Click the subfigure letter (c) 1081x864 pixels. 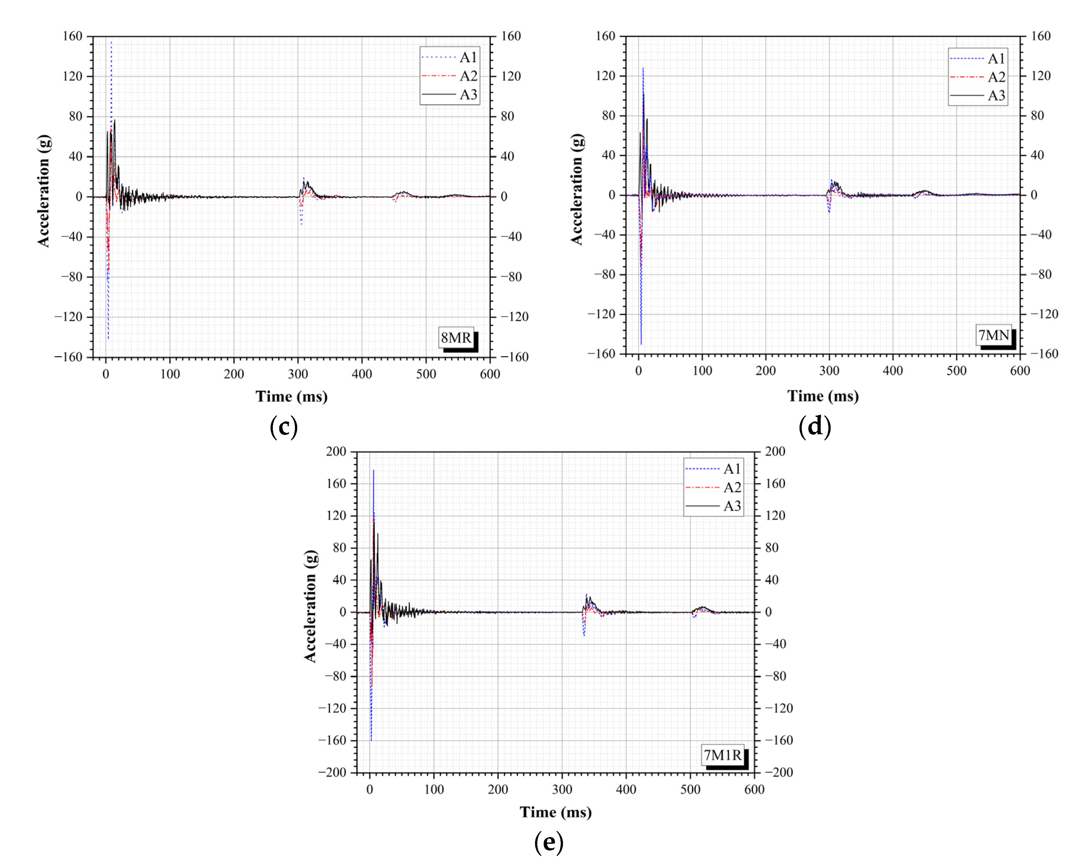(284, 427)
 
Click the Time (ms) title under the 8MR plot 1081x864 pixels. (291, 396)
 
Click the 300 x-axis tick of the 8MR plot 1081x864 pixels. (298, 374)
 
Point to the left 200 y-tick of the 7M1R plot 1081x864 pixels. (336, 452)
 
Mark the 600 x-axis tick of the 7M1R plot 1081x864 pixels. (754, 789)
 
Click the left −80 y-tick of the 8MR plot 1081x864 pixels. (71, 277)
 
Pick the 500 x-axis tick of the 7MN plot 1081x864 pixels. (956, 371)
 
